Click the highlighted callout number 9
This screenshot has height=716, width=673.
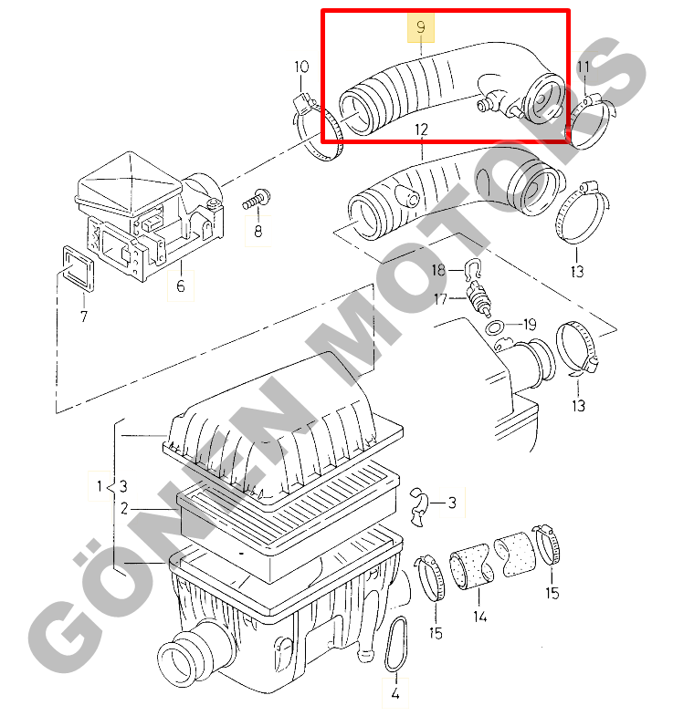click(x=421, y=27)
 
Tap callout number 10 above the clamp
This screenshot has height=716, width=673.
click(x=301, y=67)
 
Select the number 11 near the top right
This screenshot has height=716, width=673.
click(x=584, y=67)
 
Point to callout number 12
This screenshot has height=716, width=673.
click(x=421, y=130)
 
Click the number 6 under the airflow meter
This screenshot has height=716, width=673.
click(x=181, y=286)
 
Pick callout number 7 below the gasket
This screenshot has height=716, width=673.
click(x=84, y=316)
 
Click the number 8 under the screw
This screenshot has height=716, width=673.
click(x=258, y=232)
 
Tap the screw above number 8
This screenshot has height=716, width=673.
click(x=256, y=199)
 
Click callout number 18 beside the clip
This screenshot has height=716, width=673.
click(x=438, y=270)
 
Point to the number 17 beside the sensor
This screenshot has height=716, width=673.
click(x=440, y=299)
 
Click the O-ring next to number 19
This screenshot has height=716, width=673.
click(x=495, y=327)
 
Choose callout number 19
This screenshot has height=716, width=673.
click(x=530, y=325)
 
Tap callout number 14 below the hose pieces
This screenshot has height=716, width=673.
click(x=479, y=617)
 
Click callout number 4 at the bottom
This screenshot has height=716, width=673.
click(x=395, y=693)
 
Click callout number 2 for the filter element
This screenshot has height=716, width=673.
click(x=124, y=508)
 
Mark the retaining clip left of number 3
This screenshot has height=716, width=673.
click(x=418, y=507)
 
